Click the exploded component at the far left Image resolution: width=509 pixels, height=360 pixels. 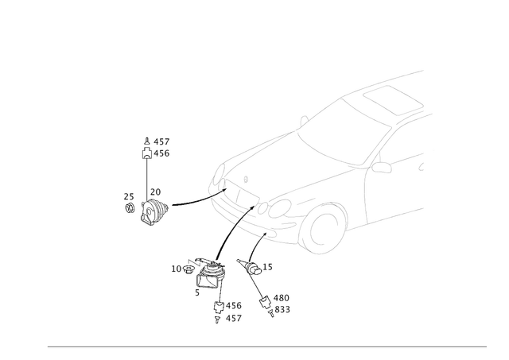153,209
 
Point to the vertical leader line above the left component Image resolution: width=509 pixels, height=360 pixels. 147,175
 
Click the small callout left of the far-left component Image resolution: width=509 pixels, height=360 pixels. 126,195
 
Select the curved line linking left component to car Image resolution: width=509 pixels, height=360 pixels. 191,201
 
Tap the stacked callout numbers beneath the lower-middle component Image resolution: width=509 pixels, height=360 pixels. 228,311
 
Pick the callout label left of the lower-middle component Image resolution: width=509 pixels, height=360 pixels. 177,268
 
